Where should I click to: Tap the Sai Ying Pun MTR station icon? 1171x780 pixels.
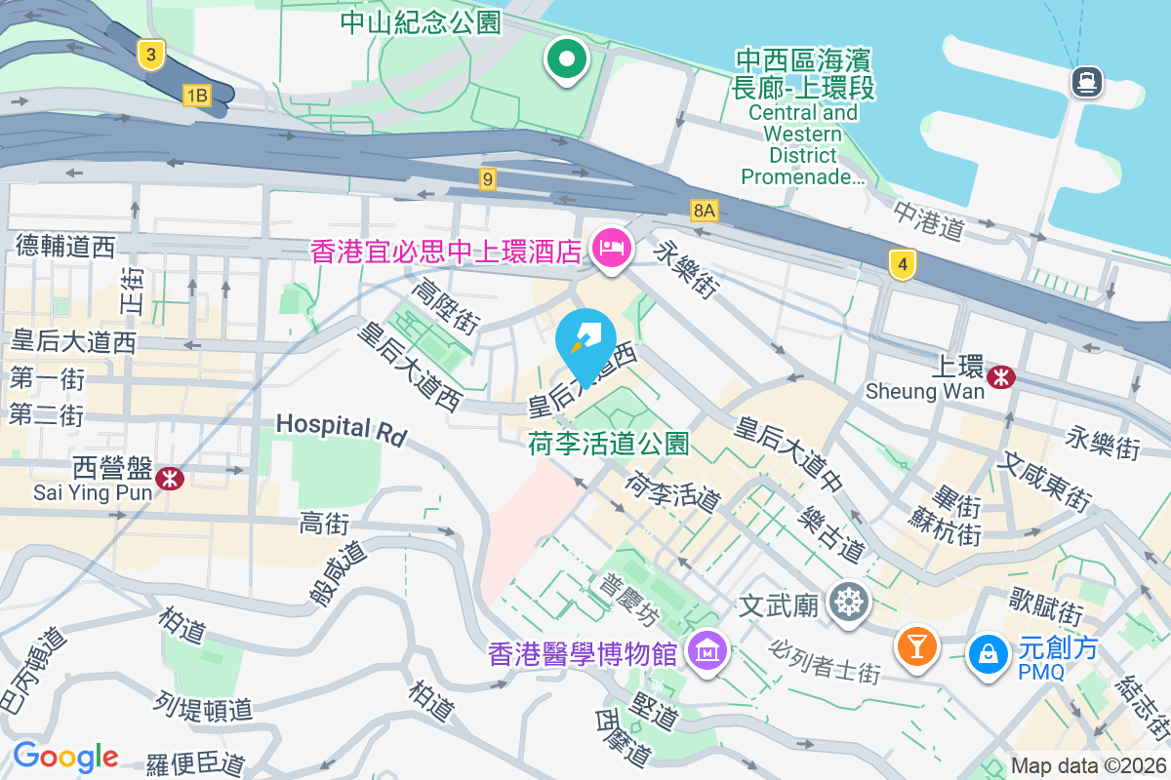pos(170,478)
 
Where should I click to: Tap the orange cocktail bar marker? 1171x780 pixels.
pos(916,645)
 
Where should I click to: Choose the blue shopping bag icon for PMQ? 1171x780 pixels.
pos(989,652)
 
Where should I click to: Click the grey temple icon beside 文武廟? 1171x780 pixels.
pos(848,602)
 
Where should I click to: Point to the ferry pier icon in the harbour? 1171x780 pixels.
pos(1086,81)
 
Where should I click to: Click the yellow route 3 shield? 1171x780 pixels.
pos(149,55)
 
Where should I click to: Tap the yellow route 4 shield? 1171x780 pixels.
pos(903,263)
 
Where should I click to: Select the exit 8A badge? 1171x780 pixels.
pos(704,210)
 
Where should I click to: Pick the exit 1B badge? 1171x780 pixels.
pos(196,95)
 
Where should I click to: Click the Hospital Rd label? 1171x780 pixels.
pos(341,428)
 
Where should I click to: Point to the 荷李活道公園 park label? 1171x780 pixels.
pos(609,445)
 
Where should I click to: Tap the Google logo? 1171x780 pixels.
pos(65,757)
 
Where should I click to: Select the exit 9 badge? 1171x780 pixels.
pos(488,179)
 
